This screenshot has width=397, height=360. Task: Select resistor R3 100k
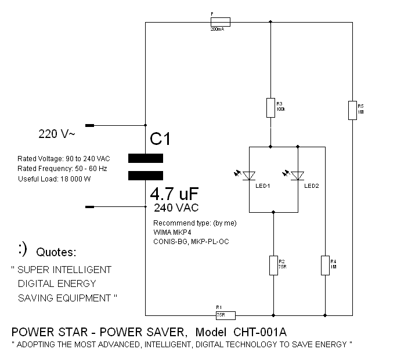point(270,107)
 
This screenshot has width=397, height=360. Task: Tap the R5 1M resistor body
point(352,110)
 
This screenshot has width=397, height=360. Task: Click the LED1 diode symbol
point(250,175)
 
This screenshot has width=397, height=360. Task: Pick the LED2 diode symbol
point(298,175)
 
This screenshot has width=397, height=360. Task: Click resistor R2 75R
point(273,266)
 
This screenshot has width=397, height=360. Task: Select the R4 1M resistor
point(325,266)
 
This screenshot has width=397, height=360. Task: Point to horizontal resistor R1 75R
point(225,315)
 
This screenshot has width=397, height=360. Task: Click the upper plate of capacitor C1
point(145,158)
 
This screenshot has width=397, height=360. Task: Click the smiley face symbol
point(23,250)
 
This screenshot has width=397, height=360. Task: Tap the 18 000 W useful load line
point(55,179)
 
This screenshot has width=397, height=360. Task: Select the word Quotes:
point(56,253)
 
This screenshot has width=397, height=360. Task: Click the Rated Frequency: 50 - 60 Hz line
point(62,169)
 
